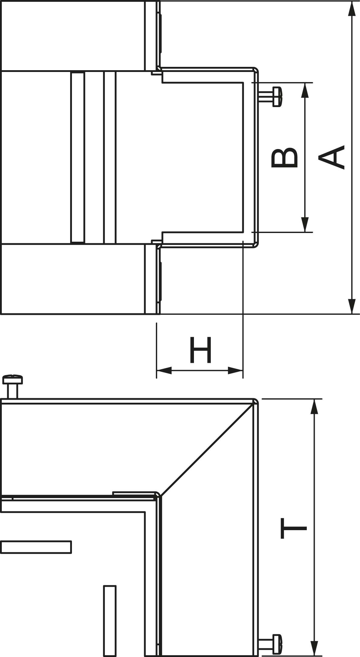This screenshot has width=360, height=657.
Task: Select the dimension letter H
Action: click(x=201, y=350)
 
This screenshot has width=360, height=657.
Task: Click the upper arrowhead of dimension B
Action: click(x=305, y=90)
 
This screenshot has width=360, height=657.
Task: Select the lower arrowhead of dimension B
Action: click(x=305, y=225)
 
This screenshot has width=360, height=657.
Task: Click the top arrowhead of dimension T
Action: click(x=314, y=407)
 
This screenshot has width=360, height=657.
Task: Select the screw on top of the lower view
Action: click(x=13, y=380)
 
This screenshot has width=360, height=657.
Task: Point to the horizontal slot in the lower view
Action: click(x=36, y=547)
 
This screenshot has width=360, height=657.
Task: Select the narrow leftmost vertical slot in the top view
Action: click(x=78, y=157)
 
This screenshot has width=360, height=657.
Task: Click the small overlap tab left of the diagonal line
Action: click(x=135, y=493)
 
